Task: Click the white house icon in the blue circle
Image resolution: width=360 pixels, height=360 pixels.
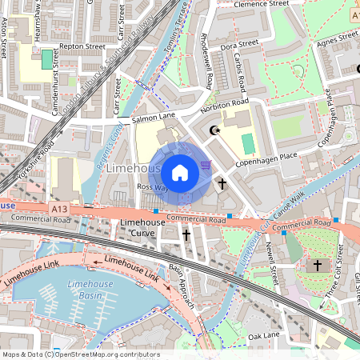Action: tap(180, 172)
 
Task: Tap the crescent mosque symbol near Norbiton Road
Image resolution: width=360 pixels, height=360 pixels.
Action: tap(214, 130)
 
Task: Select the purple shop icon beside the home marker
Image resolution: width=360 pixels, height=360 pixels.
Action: tap(206, 165)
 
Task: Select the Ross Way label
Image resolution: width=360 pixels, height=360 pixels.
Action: tap(151, 186)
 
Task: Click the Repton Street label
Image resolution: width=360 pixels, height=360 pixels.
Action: tap(83, 47)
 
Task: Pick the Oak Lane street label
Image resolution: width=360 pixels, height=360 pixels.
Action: tap(263, 335)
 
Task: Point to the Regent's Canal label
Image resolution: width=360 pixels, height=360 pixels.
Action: tap(105, 161)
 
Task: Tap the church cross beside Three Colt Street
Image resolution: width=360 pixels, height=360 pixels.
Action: tap(317, 265)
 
